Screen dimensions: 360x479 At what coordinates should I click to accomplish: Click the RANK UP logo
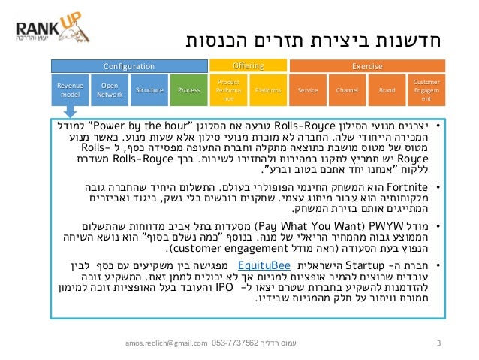point(44,30)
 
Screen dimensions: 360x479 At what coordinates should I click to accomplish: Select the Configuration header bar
point(128,67)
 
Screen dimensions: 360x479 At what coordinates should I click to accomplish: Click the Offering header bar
point(249,66)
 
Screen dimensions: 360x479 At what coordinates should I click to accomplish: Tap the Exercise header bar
point(368,67)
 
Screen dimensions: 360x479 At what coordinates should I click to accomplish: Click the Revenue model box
point(70,90)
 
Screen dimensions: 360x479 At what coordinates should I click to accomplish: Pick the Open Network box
point(110,90)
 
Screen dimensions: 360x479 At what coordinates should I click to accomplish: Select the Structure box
point(149,90)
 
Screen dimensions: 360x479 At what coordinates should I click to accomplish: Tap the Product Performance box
point(228,90)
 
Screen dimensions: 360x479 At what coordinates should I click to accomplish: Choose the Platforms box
point(268,90)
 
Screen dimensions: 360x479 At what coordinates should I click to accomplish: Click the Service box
point(308,90)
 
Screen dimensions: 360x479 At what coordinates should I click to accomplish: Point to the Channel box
point(348,90)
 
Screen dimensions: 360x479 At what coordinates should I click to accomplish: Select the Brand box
point(387,90)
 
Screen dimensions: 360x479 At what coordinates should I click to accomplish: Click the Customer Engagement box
point(426,89)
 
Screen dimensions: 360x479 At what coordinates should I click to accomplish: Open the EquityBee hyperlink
point(259,265)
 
